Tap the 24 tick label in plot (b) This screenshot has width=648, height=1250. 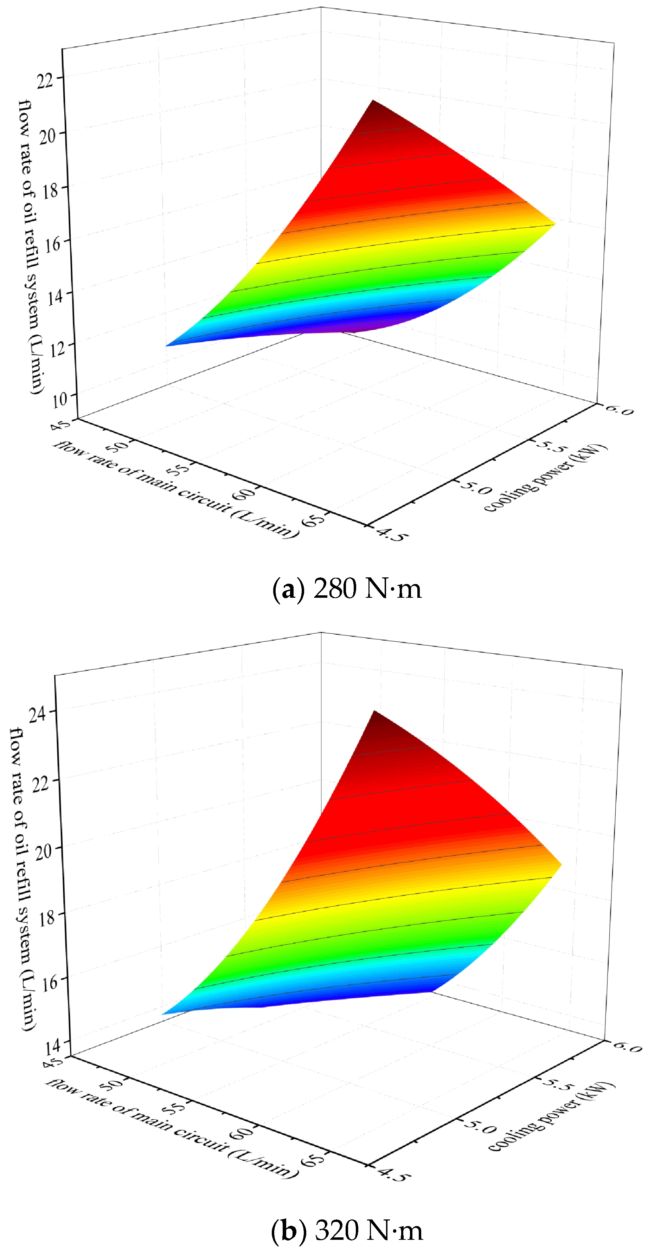tap(38, 713)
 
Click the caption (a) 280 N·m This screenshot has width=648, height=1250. tap(347, 589)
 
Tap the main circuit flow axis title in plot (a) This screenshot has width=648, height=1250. tap(175, 488)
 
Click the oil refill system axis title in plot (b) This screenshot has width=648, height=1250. tap(22, 878)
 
